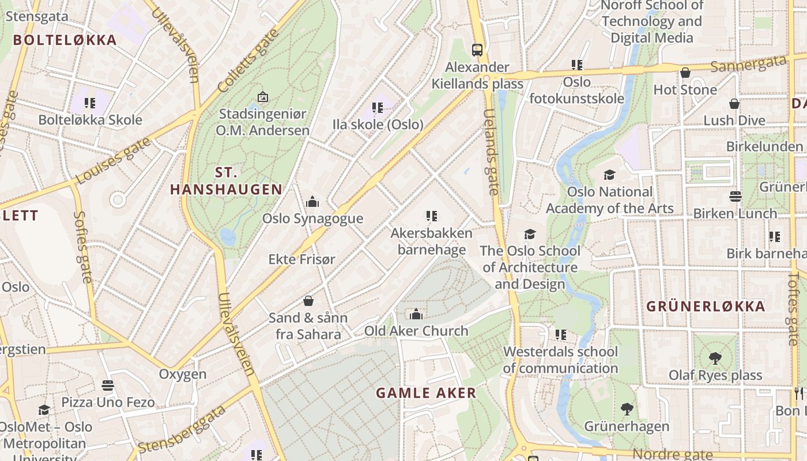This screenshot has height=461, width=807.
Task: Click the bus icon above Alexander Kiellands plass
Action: (x=477, y=50)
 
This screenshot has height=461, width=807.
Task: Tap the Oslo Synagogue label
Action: (x=312, y=218)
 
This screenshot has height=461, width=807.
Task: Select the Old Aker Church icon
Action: (x=416, y=314)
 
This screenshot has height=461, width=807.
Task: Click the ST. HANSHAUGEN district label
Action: (x=227, y=181)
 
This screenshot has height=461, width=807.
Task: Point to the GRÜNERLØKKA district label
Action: (x=706, y=306)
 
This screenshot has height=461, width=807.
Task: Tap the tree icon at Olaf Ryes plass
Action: (x=715, y=358)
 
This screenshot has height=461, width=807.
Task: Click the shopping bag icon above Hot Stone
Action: (x=685, y=73)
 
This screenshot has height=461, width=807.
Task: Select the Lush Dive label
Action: (x=734, y=120)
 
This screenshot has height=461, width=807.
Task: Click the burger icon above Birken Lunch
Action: (x=735, y=197)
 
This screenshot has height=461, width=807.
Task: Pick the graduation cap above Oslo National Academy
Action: (x=609, y=175)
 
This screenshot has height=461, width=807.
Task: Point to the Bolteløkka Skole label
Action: (x=90, y=120)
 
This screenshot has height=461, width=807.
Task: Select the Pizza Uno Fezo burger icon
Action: (x=108, y=385)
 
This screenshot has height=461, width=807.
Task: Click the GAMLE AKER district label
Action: (x=426, y=393)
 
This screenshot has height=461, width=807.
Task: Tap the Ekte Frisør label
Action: (x=301, y=259)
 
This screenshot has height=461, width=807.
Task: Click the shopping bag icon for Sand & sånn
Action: (x=308, y=301)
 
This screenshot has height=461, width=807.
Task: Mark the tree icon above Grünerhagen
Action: (x=627, y=409)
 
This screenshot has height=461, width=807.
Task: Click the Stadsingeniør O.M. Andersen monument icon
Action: (x=263, y=97)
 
